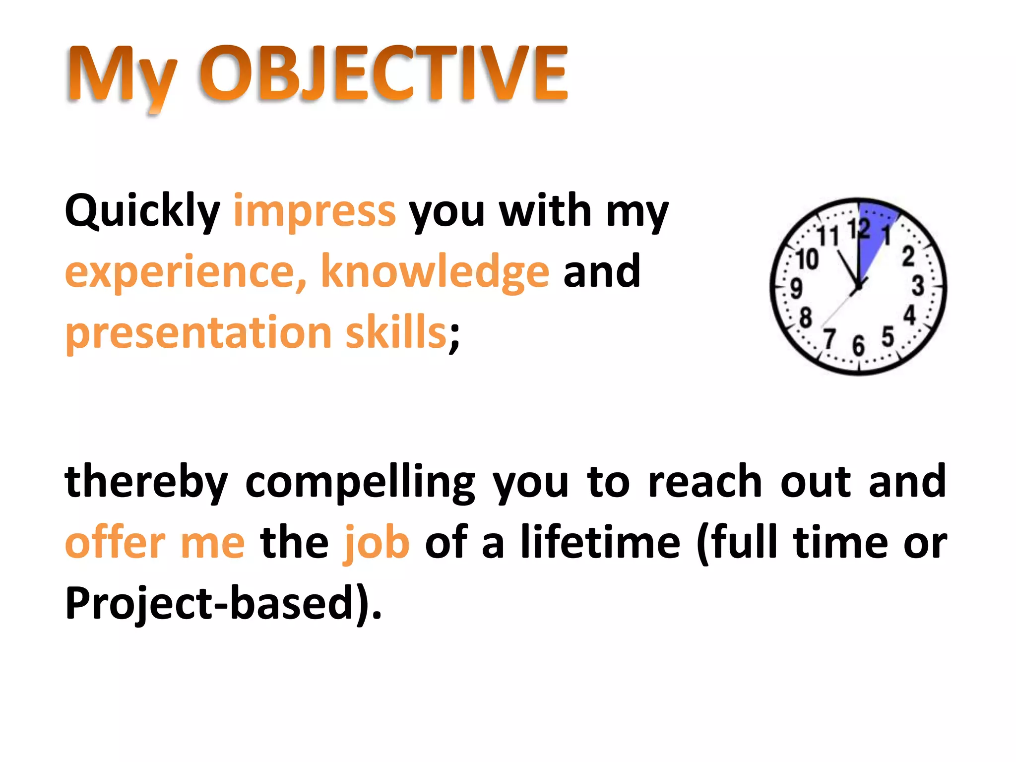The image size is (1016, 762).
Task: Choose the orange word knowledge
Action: (x=435, y=271)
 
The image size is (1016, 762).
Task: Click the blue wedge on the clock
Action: (x=873, y=233)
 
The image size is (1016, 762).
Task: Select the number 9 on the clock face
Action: (x=796, y=288)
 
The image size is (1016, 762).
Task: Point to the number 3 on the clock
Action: (x=918, y=286)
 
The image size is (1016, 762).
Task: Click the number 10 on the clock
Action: (x=807, y=259)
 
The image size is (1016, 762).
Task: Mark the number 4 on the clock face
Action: (x=909, y=316)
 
